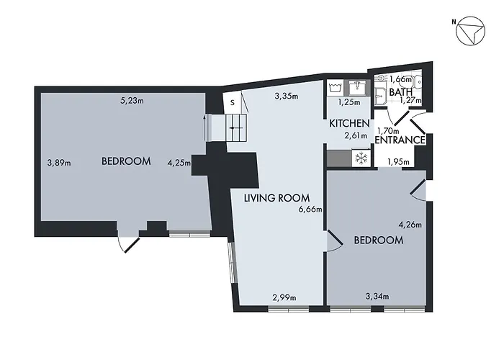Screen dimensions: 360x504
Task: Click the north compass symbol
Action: [x=472, y=32]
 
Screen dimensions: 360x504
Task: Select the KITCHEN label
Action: [x=349, y=124]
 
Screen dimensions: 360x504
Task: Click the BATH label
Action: [x=400, y=93]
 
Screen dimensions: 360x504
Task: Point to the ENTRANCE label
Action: [x=400, y=140]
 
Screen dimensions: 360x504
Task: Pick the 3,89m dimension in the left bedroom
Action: [x=58, y=162]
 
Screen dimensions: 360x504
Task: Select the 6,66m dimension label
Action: [x=310, y=210]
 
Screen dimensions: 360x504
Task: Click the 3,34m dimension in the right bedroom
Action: [x=377, y=296]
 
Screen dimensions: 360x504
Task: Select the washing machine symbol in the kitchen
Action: [x=335, y=87]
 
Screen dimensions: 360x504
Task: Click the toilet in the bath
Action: [x=381, y=92]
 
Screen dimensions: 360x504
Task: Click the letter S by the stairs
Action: [x=232, y=103]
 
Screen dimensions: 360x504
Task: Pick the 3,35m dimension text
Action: [x=287, y=96]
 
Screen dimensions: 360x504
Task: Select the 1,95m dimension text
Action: [x=398, y=161]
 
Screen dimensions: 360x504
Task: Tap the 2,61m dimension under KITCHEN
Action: [x=356, y=135]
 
